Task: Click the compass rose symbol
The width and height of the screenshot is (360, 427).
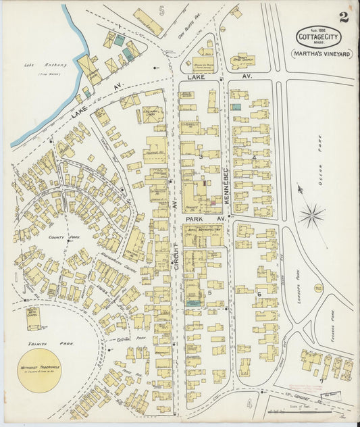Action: pyautogui.click(x=312, y=216)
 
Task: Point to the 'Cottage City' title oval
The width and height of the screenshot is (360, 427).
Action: pyautogui.click(x=317, y=36)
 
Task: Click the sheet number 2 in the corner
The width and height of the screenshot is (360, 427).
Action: pyautogui.click(x=344, y=17)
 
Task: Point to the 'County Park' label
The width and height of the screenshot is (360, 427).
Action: pyautogui.click(x=60, y=238)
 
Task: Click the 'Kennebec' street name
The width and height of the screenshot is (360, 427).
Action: pyautogui.click(x=227, y=182)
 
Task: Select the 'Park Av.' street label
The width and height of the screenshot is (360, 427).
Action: pyautogui.click(x=199, y=220)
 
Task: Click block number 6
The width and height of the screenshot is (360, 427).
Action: pyautogui.click(x=258, y=293)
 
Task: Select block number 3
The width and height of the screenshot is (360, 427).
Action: pyautogui.click(x=201, y=157)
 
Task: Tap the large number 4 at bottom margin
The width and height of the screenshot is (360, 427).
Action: pyautogui.click(x=249, y=405)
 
